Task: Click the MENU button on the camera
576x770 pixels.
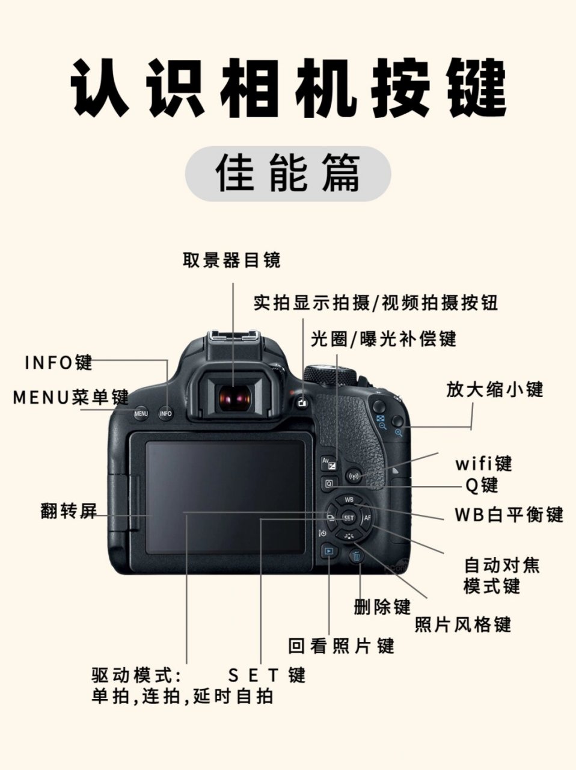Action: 141,413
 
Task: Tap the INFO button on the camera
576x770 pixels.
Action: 166,413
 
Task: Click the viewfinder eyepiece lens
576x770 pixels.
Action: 234,398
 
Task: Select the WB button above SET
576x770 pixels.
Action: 349,499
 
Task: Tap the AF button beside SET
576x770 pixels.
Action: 367,517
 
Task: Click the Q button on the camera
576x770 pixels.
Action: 329,482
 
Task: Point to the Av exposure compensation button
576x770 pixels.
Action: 329,463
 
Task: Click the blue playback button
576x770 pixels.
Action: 328,550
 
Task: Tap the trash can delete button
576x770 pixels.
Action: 357,556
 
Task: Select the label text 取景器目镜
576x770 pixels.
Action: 231,260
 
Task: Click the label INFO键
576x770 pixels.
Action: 58,363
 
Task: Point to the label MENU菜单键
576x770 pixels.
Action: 71,398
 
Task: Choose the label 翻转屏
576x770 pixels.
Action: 69,511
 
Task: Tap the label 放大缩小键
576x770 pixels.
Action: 494,389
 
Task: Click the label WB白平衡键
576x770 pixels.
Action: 509,515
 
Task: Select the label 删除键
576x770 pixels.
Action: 382,606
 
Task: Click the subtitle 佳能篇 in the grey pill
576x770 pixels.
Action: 288,173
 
